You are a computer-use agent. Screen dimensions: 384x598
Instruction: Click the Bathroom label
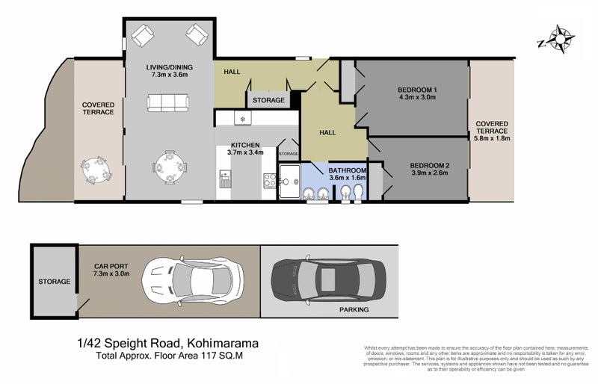tap(348, 170)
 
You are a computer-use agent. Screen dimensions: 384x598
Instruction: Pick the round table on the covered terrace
tap(95, 170)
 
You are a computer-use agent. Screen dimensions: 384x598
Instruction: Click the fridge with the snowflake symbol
tap(242, 118)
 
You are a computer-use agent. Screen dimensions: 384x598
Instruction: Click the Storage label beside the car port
tap(54, 282)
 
